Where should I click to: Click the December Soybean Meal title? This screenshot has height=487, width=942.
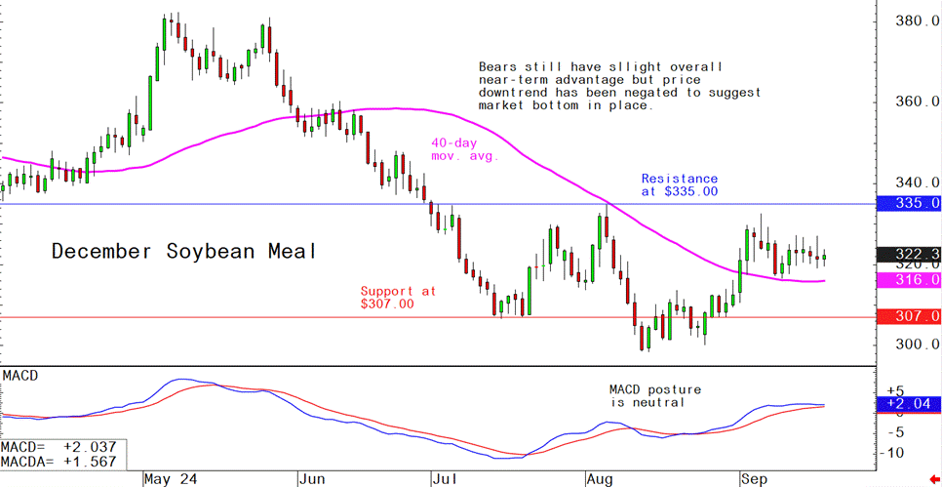184,252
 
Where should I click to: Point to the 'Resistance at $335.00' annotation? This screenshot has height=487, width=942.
680,185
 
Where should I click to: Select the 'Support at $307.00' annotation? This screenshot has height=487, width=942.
399,298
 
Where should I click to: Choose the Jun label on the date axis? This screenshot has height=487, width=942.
312,479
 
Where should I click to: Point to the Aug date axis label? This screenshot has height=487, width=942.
598,479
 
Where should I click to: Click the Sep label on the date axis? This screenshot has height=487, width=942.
752,479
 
